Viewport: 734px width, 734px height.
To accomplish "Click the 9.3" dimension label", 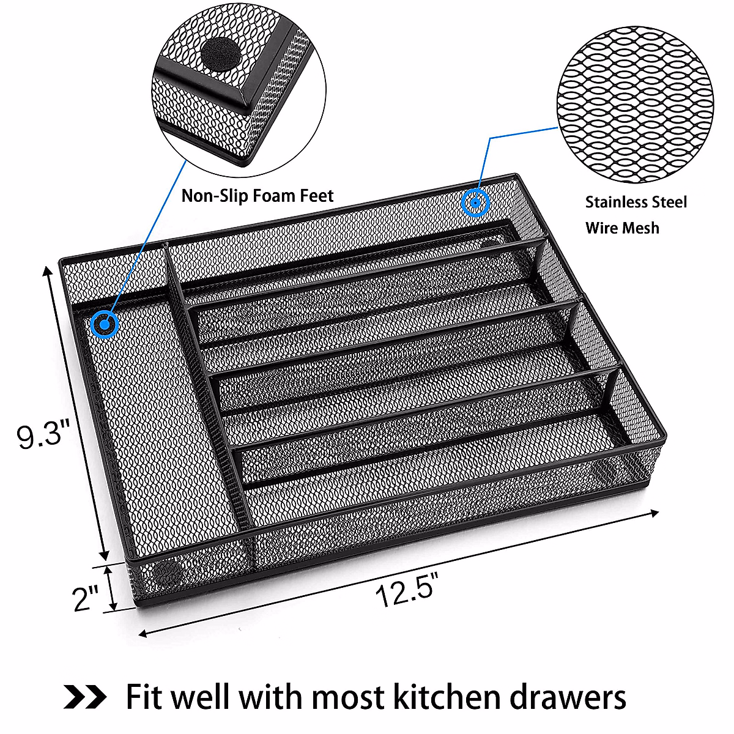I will coord(39,436).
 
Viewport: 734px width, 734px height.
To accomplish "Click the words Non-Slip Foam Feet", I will coord(258,196).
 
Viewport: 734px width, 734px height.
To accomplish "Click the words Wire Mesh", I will coord(622,228).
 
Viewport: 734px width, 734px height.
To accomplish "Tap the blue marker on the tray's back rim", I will coord(475,202).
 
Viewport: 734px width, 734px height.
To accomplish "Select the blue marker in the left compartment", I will coord(104,324).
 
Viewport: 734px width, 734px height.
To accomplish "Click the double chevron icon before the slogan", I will coord(85,696).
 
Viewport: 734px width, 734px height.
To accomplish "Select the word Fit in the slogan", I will coord(144,697).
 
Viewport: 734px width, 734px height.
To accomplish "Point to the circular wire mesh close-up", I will coord(636,104).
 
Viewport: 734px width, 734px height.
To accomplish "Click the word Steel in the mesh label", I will coord(669,202).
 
